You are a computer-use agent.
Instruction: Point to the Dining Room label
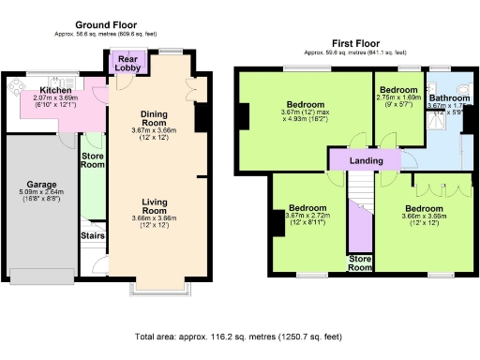154,119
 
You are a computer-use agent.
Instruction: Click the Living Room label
154,206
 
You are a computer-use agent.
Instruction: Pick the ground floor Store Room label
92,159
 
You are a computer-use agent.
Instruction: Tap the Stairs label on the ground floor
92,235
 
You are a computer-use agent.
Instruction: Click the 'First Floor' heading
355,43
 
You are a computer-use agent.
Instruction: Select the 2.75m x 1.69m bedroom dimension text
399,97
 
